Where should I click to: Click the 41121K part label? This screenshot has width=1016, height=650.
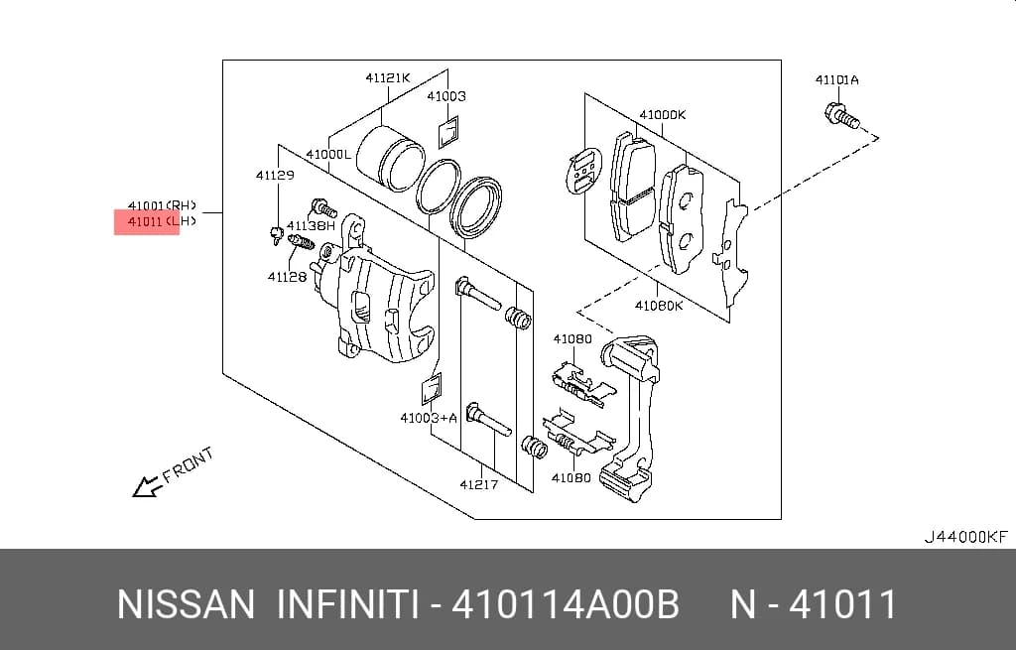click(x=388, y=77)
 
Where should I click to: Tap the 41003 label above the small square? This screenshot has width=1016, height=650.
click(x=445, y=96)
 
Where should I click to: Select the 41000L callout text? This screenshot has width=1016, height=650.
click(x=327, y=154)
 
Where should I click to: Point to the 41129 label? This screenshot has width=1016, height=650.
click(x=275, y=175)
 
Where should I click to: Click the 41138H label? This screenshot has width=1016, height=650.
click(x=311, y=225)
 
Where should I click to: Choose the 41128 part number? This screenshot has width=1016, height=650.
click(x=287, y=277)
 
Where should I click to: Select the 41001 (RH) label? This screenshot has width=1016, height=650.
click(x=162, y=205)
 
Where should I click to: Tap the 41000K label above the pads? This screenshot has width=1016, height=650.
click(x=662, y=115)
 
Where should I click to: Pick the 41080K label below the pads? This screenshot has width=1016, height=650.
click(x=659, y=306)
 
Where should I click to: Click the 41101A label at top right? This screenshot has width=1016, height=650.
click(x=836, y=79)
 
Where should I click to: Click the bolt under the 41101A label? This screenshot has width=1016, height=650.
click(x=841, y=116)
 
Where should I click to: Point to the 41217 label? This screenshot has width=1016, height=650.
click(x=479, y=484)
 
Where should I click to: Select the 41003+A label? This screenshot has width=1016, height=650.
click(x=429, y=418)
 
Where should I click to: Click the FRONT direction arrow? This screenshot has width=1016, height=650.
click(x=147, y=485)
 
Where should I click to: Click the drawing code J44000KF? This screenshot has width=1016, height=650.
click(x=966, y=537)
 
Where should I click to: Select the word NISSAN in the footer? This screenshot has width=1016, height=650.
click(x=186, y=604)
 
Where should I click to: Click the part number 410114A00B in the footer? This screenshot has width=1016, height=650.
click(x=565, y=604)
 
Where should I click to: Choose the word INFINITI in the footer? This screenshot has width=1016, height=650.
click(x=348, y=604)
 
